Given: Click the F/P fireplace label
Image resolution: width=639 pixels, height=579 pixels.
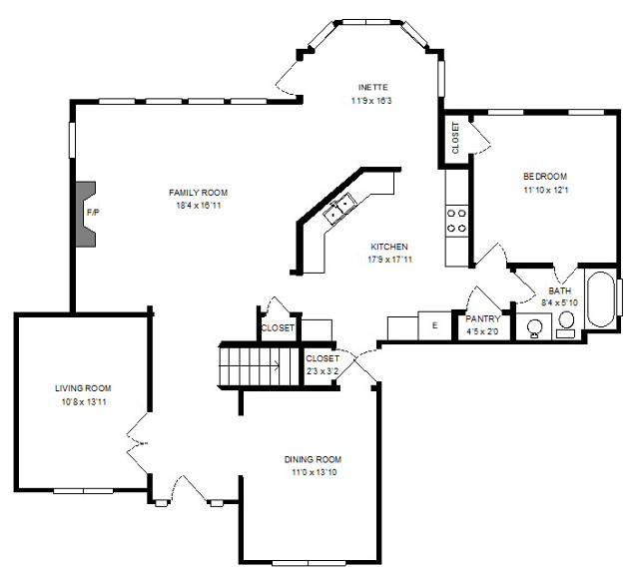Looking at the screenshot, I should pyautogui.click(x=93, y=213).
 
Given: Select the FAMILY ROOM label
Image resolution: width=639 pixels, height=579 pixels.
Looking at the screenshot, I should pyautogui.click(x=198, y=192).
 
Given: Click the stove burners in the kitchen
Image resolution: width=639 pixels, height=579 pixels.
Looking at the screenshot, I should pyautogui.click(x=457, y=220).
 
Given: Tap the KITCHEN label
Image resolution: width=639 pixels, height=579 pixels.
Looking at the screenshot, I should pyautogui.click(x=389, y=247).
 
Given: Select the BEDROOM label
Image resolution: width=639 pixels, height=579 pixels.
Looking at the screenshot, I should pyautogui.click(x=544, y=176).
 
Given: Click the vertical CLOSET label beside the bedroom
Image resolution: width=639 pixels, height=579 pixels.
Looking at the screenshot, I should pyautogui.click(x=456, y=138).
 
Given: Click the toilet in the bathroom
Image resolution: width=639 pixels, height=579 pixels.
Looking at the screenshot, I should pyautogui.click(x=566, y=321).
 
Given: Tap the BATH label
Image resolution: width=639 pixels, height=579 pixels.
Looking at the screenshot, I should pyautogui.click(x=559, y=290).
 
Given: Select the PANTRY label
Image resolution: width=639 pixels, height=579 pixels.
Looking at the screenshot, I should pyautogui.click(x=483, y=319).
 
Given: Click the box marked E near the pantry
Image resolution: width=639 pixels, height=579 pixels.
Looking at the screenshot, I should pyautogui.click(x=434, y=325).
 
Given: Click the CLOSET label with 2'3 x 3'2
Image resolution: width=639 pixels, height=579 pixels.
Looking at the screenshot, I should pyautogui.click(x=321, y=358).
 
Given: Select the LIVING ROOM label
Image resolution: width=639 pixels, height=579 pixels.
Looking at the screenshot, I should pyautogui.click(x=83, y=387).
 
